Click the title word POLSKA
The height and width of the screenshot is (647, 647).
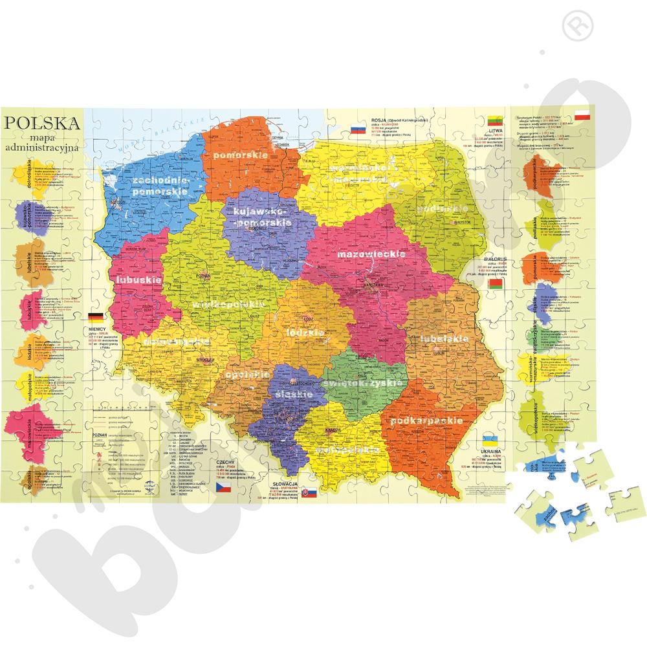[42, 123]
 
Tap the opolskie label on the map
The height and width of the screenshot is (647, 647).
[247, 374]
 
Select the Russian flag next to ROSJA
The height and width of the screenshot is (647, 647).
[358, 129]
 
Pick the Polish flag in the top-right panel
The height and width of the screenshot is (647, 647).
[582, 115]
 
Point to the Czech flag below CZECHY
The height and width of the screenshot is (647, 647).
[223, 485]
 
